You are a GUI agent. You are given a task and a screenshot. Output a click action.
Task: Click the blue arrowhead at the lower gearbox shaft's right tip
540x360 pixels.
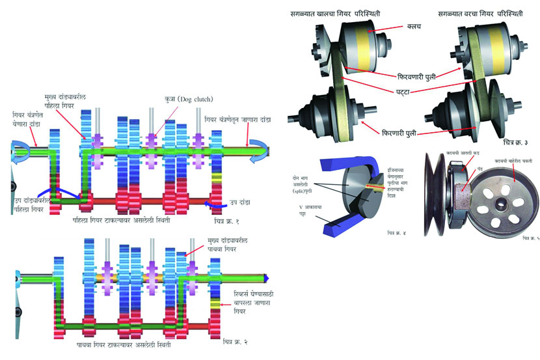[265, 278]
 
